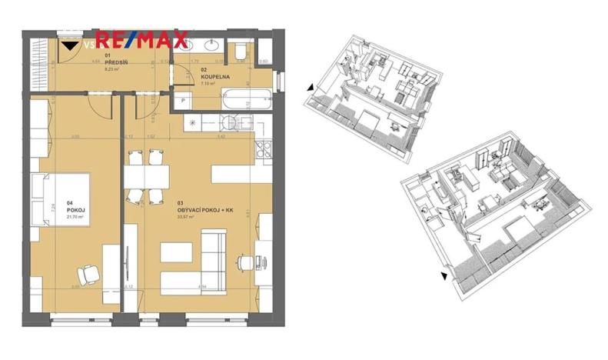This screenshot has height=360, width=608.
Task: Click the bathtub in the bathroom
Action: coord(244,98)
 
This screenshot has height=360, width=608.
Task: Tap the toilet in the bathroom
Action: coord(241,51)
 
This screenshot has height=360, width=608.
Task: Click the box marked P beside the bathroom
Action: coord(185,101)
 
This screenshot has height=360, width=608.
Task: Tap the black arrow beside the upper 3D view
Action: coord(309,88)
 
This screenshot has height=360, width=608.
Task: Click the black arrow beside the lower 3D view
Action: coord(444,275)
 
